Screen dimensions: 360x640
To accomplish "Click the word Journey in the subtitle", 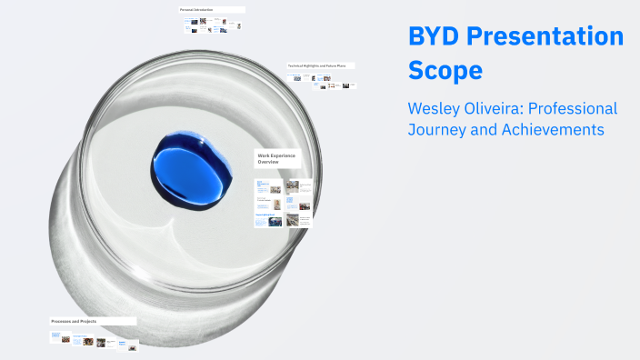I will (439, 130).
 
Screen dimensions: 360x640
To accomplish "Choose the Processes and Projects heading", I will (75, 321).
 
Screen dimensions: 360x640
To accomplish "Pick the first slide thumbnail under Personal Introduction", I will (189, 25).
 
